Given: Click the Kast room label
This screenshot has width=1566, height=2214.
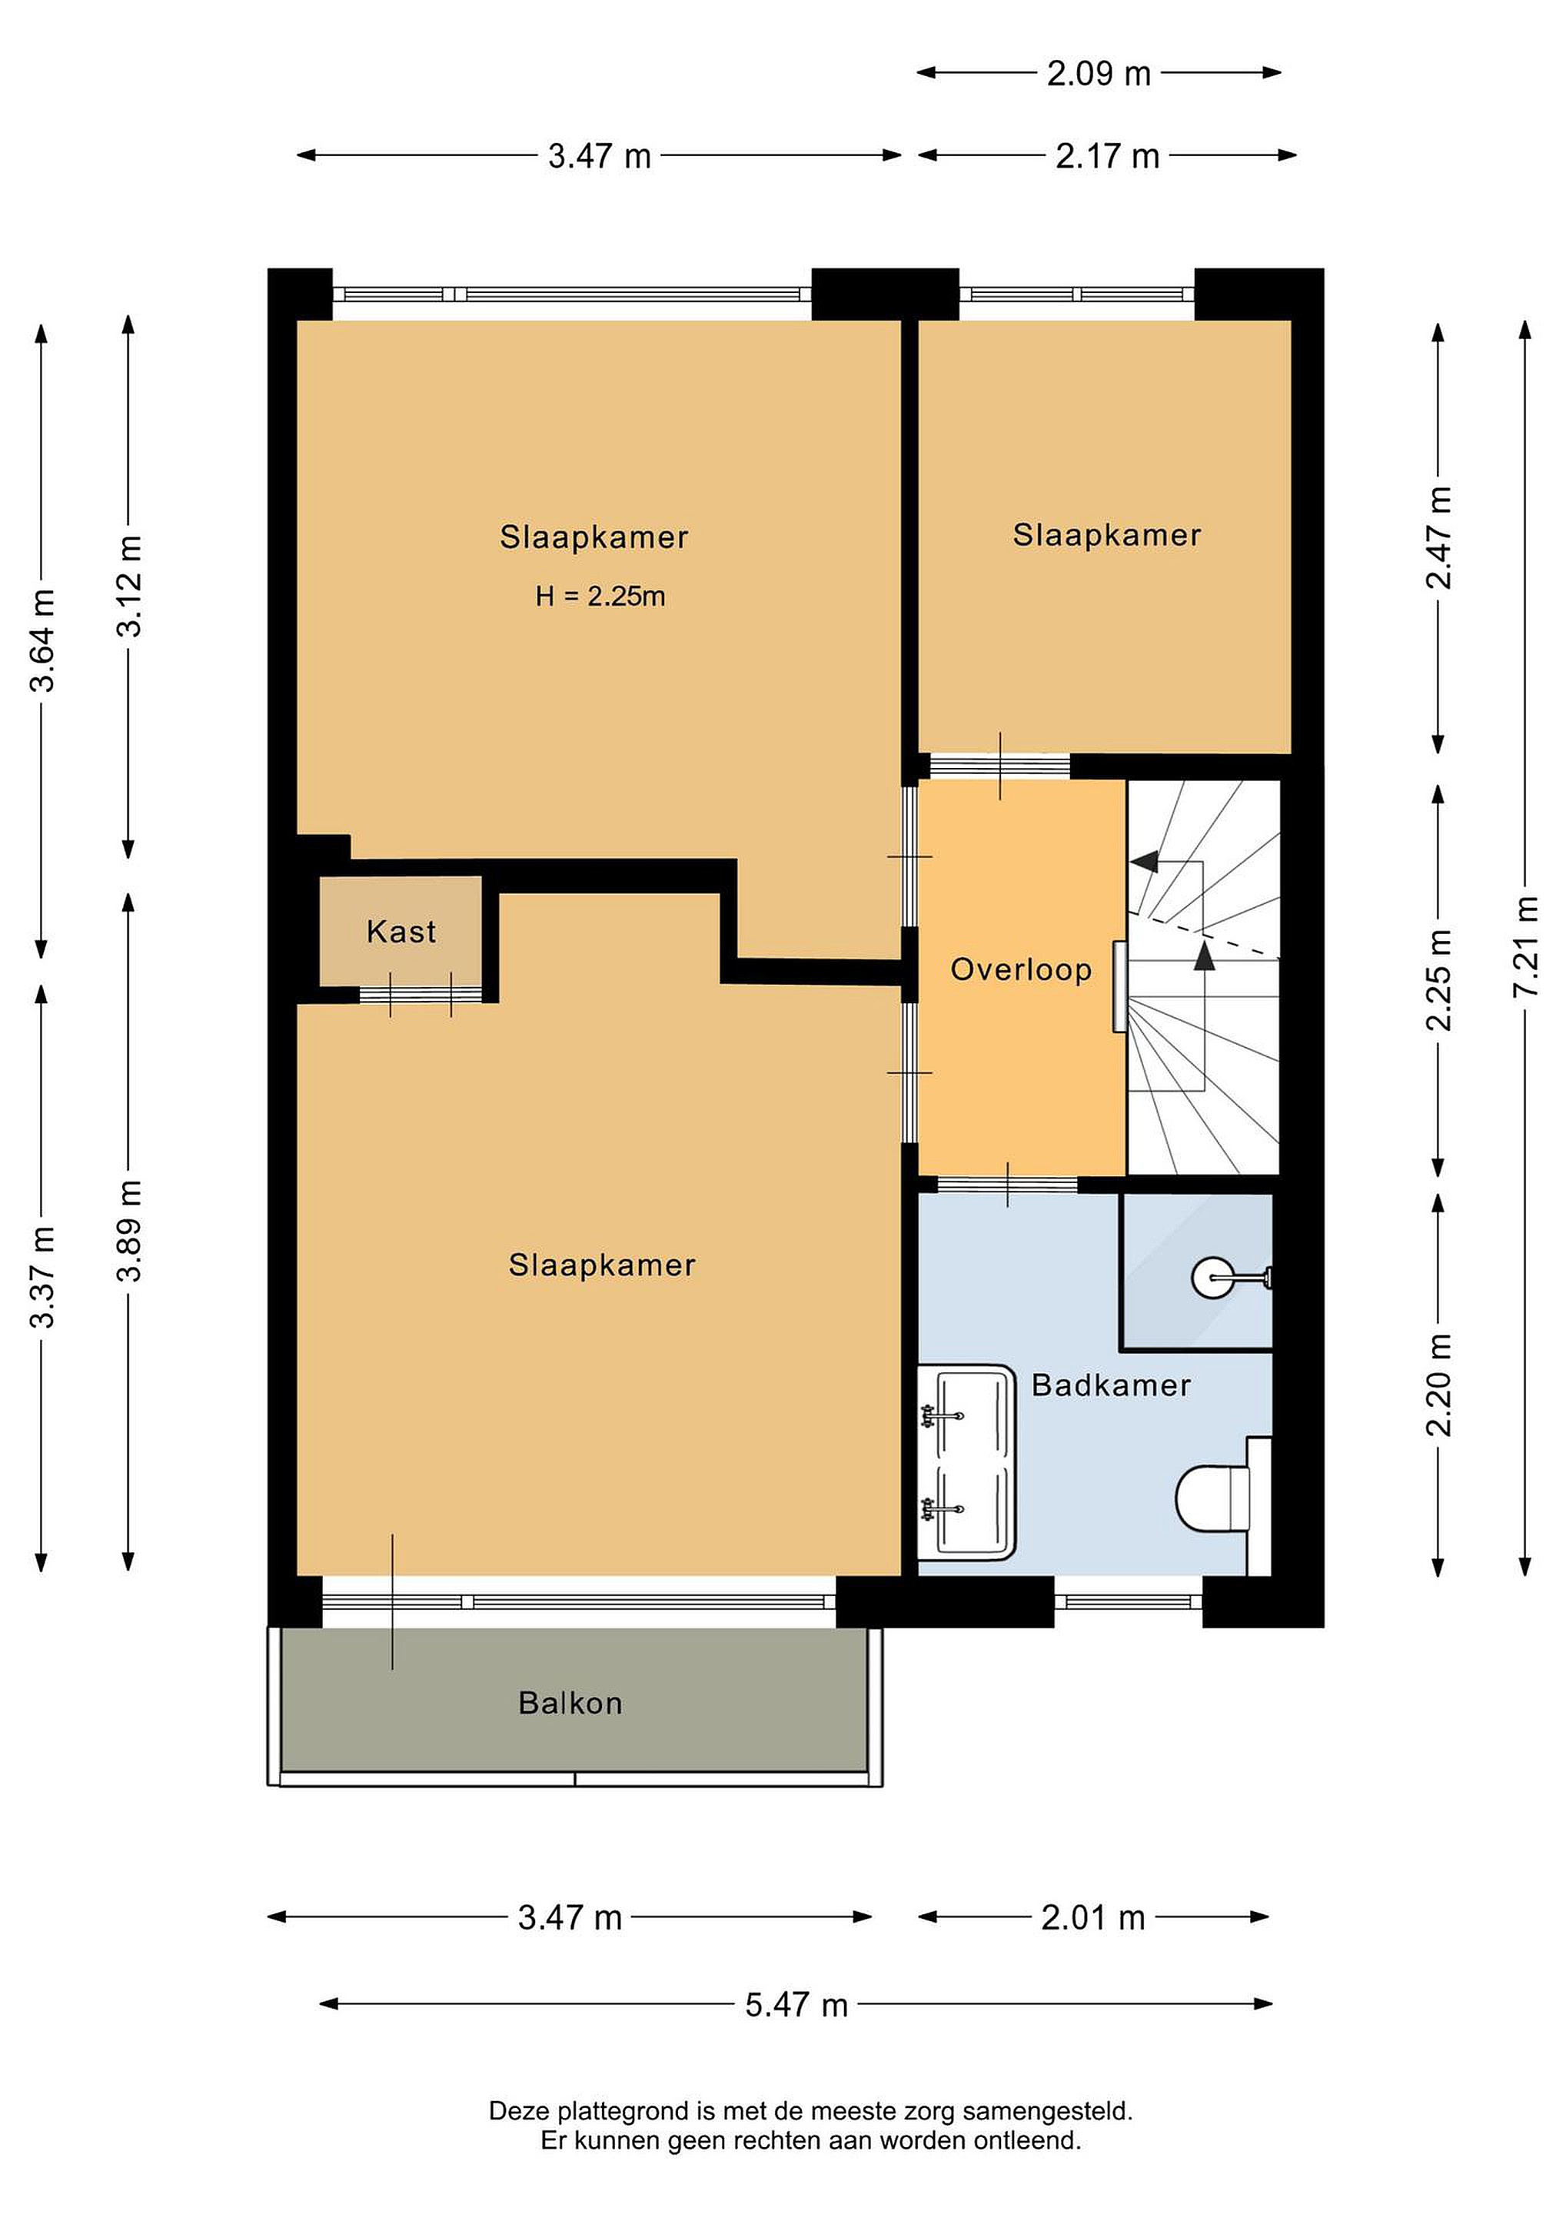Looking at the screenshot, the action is tap(401, 932).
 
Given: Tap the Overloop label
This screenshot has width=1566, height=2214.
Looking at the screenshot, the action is tap(1021, 969).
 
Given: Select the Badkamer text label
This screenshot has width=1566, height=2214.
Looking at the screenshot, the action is tap(1111, 1386).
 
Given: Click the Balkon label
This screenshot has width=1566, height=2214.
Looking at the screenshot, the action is tap(570, 1703).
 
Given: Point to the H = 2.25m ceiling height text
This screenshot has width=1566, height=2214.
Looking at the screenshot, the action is tap(600, 596).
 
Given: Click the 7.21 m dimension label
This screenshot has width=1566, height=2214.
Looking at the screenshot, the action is tap(1524, 947).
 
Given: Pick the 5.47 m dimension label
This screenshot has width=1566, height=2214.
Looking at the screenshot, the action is tap(796, 2005).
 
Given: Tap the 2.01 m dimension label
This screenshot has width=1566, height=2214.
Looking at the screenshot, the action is tap(1092, 1918).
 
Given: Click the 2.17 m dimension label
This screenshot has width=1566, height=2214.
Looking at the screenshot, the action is tap(1107, 156).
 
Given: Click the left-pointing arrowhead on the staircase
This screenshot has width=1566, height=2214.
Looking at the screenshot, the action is tap(1145, 861).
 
